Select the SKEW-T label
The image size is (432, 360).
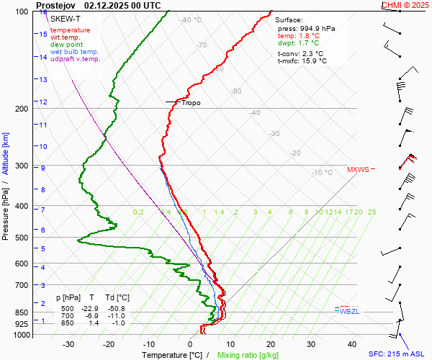pos(64,17)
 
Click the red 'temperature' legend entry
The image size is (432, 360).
pos(70,30)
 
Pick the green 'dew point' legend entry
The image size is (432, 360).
pos(67,45)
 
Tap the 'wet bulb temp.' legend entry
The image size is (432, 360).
pos(75,52)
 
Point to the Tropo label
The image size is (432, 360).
pos(191,103)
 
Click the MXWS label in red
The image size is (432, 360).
pos(358,170)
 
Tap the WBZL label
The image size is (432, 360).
pos(349,311)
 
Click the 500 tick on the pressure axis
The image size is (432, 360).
pos(20,238)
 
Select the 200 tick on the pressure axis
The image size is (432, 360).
pos(20,109)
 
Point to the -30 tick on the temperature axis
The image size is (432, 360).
pos(68,344)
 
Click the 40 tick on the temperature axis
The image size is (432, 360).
pos(352,344)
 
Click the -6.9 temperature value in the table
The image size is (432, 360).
pos(91,316)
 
